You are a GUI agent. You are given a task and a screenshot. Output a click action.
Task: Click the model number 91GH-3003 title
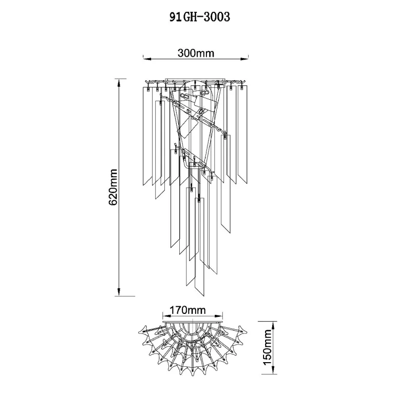point(200,17)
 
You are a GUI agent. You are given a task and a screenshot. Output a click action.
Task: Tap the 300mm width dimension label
point(196,53)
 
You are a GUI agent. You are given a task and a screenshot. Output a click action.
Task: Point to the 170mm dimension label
point(187,310)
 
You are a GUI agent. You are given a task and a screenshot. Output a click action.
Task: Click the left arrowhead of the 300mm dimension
point(147,59)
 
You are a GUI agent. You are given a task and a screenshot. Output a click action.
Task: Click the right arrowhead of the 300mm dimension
point(245,59)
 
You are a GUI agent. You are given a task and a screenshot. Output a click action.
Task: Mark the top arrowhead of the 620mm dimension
point(119,82)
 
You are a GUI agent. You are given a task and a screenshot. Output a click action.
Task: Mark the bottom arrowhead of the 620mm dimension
point(119,292)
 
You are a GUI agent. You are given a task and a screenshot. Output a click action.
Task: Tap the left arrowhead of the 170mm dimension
point(166,316)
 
